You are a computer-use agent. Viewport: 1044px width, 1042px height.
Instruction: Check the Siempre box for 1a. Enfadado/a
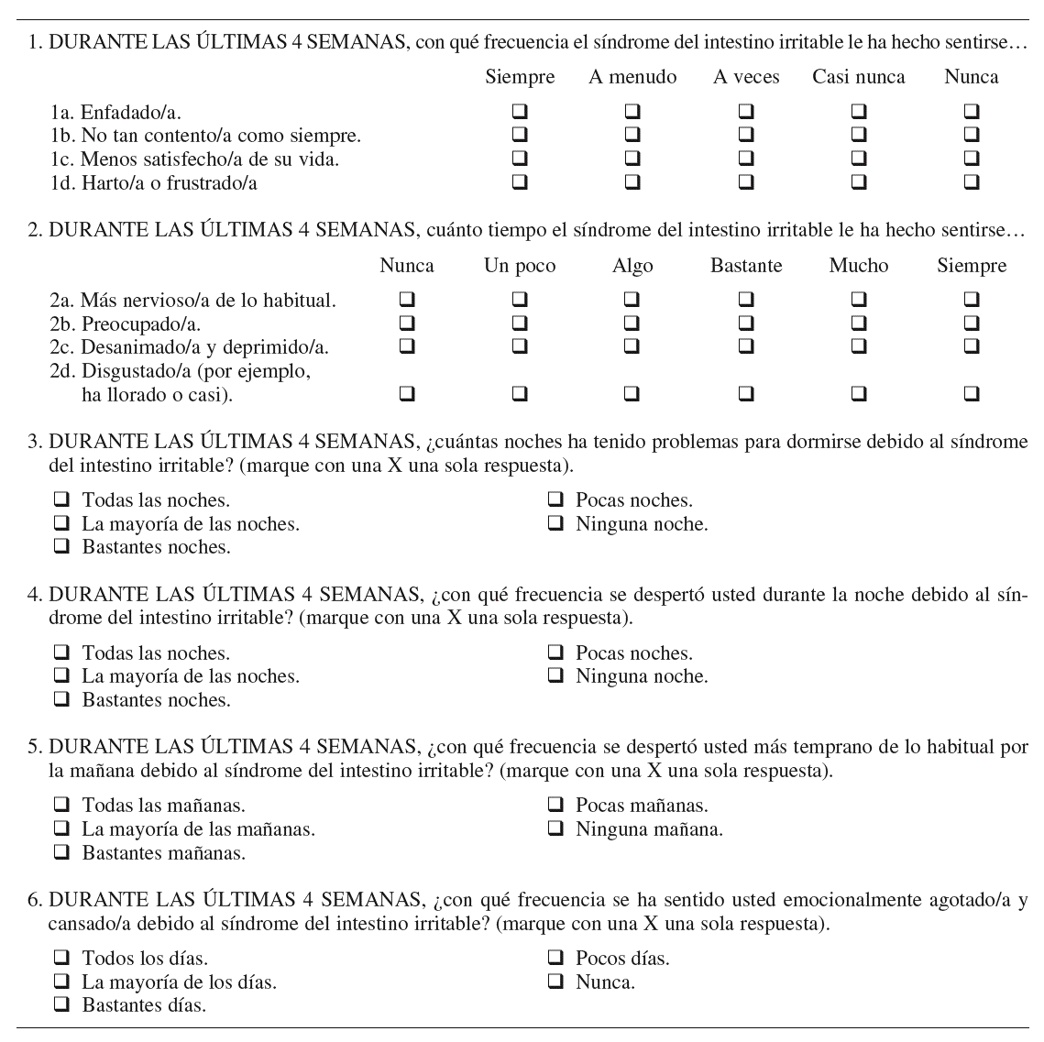click(520, 112)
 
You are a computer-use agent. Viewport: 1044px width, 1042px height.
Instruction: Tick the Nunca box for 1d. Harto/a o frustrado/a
click(972, 182)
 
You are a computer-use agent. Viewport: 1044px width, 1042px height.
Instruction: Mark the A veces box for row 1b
click(746, 136)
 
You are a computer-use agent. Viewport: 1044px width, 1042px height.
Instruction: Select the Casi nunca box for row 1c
click(859, 159)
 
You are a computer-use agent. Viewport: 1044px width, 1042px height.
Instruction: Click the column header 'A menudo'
click(632, 77)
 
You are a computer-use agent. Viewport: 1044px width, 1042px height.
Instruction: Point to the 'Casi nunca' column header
click(858, 77)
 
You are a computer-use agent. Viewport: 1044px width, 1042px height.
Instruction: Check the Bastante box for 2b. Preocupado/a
click(746, 323)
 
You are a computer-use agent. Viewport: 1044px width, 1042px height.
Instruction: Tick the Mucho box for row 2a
click(859, 299)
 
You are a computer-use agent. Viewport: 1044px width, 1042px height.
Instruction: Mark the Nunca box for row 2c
click(407, 346)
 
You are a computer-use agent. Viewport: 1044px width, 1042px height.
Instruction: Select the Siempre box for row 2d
click(972, 394)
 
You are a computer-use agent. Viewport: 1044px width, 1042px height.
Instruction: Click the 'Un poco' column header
click(520, 266)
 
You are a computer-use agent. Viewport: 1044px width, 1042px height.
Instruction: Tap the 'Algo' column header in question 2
click(632, 266)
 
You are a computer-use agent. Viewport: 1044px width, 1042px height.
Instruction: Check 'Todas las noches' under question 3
click(62, 500)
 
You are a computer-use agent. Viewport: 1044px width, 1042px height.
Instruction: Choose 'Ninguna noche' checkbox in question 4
click(555, 676)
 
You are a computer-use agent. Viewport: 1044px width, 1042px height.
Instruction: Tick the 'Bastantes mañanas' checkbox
click(62, 853)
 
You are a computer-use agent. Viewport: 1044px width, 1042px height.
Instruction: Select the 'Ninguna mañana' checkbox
click(555, 829)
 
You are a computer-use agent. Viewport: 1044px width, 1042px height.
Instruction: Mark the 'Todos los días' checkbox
click(62, 959)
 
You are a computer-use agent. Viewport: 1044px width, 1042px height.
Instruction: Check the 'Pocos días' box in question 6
click(555, 959)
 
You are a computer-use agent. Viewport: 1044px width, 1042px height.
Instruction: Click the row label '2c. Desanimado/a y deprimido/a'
click(189, 347)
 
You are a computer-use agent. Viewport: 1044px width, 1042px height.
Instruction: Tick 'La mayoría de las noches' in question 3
click(62, 524)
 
